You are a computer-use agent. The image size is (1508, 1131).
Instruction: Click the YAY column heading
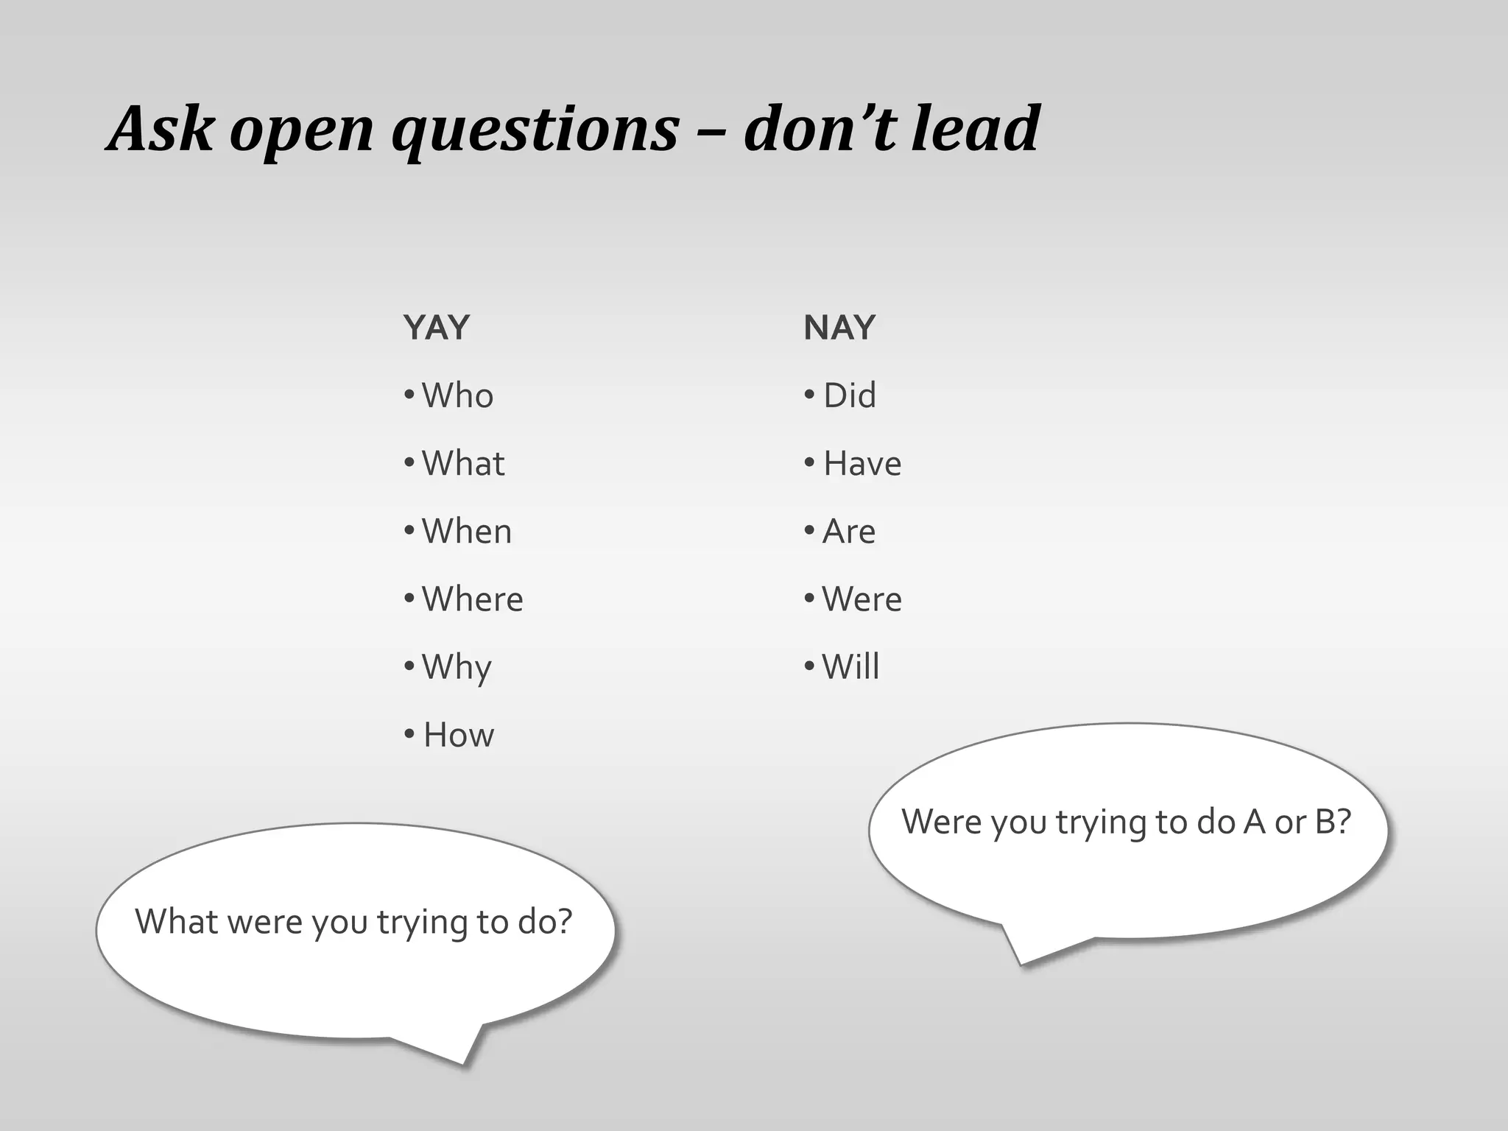[436, 328]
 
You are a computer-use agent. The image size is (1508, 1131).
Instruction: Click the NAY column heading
[839, 328]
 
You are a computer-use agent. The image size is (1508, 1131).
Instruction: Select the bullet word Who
[457, 395]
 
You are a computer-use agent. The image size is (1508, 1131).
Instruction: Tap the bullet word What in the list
[463, 463]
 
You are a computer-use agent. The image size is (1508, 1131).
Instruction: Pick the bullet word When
[467, 531]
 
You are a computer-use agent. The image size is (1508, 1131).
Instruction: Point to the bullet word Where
[472, 599]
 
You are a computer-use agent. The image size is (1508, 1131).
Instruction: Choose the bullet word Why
[457, 668]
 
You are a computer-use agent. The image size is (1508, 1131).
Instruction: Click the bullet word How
[459, 735]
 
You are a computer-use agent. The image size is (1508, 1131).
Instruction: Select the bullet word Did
[850, 395]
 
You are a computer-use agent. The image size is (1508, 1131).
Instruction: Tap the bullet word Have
[862, 463]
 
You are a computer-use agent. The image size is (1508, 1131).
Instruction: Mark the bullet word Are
[849, 531]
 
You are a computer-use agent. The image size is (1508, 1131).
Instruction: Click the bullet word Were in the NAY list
[862, 599]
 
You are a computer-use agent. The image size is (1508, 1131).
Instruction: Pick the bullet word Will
[850, 666]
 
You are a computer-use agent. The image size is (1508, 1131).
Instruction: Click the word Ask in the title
[161, 128]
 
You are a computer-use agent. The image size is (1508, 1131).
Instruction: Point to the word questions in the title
[535, 131]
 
